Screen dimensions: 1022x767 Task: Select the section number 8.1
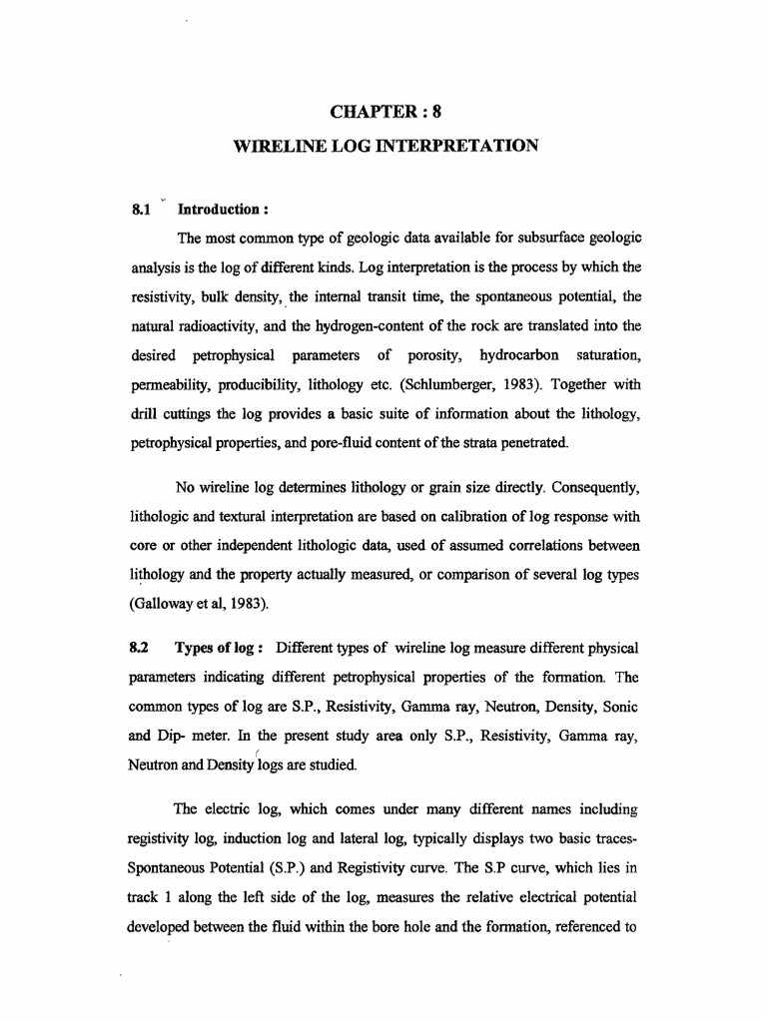(140, 211)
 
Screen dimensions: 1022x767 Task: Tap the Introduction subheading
(225, 211)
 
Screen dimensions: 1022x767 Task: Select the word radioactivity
(238, 326)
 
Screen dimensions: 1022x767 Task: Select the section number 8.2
(140, 650)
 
